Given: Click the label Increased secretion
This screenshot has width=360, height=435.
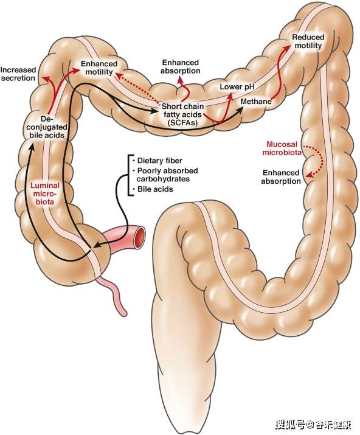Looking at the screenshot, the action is (x=18, y=74).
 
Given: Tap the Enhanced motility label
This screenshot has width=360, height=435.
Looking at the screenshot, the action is (x=99, y=68).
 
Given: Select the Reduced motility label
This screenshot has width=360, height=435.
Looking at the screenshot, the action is (x=308, y=41).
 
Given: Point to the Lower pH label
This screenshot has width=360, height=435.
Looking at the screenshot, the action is (x=237, y=87).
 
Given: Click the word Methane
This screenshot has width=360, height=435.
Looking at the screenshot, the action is (x=256, y=102).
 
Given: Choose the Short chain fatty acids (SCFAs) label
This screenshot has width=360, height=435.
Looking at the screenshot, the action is (x=182, y=114).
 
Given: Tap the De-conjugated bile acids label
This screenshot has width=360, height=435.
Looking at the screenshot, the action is (x=47, y=127).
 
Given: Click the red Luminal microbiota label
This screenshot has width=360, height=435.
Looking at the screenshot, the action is (x=45, y=193).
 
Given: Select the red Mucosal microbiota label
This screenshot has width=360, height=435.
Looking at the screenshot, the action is (x=282, y=148).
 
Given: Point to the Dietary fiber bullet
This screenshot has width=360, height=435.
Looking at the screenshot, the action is (x=157, y=161).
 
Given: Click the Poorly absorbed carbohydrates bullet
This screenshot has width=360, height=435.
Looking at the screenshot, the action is (x=165, y=175).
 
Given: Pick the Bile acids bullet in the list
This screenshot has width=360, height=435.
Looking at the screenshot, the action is (x=153, y=189).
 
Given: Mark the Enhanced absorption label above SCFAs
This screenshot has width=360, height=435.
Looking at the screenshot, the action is (x=180, y=66).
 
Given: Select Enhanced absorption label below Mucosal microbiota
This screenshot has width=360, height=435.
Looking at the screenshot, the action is (x=281, y=177).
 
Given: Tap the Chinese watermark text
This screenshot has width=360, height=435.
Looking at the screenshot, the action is (x=314, y=424).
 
